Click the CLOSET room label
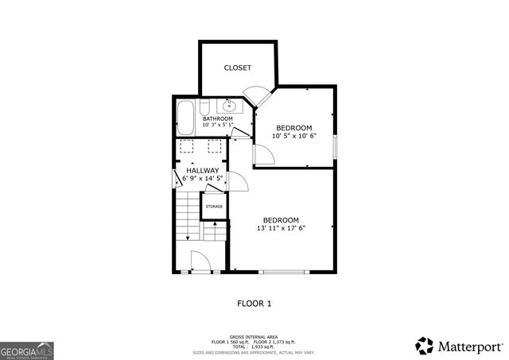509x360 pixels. click(x=237, y=68)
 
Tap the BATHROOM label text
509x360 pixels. click(x=217, y=119)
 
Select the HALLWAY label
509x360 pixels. click(x=202, y=170)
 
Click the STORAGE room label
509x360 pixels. click(x=215, y=207)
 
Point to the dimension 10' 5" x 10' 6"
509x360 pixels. click(x=293, y=136)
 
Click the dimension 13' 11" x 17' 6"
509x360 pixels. click(x=281, y=228)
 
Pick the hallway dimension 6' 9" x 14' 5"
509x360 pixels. click(x=202, y=179)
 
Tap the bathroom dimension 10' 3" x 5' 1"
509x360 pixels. click(x=217, y=126)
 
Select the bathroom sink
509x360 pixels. click(x=229, y=106)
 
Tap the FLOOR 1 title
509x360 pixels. click(x=254, y=303)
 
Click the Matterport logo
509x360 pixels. click(x=460, y=346)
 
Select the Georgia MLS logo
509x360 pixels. click(x=27, y=350)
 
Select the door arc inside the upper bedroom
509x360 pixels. click(x=264, y=155)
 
